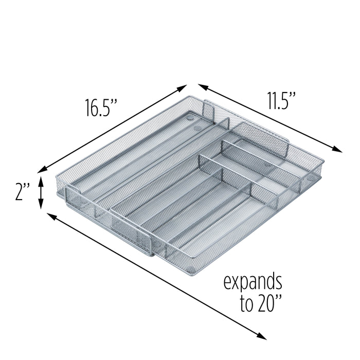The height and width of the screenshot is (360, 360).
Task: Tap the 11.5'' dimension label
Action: tap(281, 100)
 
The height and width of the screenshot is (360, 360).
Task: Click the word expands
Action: tap(252, 283)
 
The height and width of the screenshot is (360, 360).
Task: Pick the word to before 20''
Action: tap(246, 304)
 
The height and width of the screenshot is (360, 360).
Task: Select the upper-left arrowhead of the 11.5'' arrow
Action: tap(201, 86)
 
